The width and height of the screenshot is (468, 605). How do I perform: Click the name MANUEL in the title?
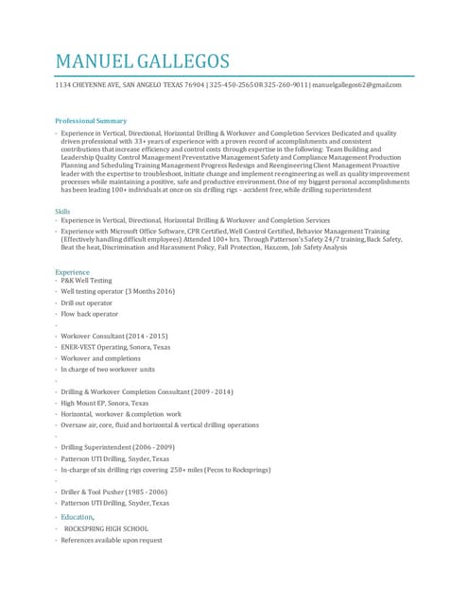[94, 61]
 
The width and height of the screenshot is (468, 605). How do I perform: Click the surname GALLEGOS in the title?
[183, 61]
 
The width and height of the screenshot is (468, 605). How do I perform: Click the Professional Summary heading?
[91, 121]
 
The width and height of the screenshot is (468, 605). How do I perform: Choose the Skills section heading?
[62, 212]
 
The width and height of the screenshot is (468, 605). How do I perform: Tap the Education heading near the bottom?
[78, 517]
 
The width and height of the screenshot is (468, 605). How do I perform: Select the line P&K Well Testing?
[86, 281]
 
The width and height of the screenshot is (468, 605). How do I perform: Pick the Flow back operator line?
[89, 314]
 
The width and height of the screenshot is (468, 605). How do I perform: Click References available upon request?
[111, 540]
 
